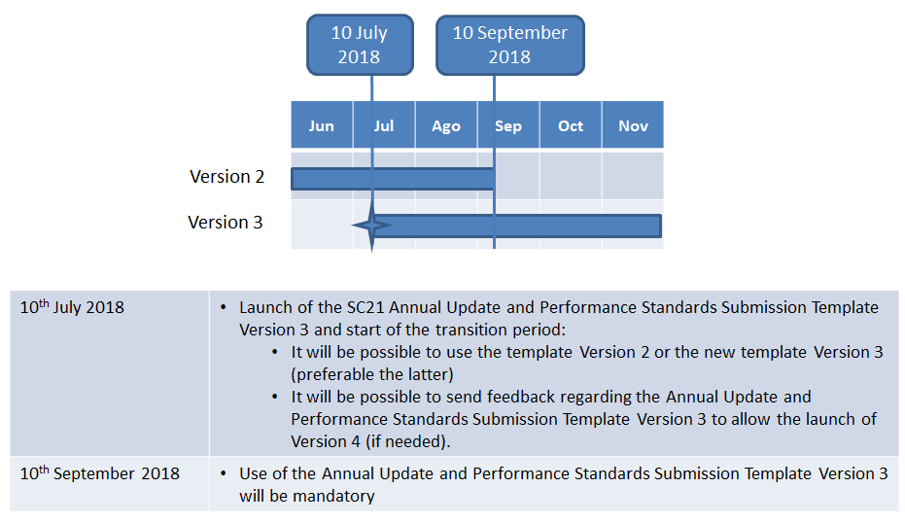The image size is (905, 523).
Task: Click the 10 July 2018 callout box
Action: [360, 45]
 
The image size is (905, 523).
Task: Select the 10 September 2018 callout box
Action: [510, 45]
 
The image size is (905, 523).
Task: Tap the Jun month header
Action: [322, 125]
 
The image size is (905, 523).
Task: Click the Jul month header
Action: [384, 125]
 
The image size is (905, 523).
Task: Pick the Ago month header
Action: [446, 125]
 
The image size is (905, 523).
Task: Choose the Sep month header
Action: [508, 125]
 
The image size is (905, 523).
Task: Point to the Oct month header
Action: [571, 125]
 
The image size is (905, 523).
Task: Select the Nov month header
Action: [633, 125]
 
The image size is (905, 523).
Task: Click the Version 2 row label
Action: [226, 177]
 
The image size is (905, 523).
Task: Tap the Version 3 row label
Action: [226, 223]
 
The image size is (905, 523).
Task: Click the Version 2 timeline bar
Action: [393, 179]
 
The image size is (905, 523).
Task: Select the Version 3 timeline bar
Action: [516, 226]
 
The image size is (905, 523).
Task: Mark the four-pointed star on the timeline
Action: [371, 226]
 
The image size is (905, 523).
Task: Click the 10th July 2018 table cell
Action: [110, 373]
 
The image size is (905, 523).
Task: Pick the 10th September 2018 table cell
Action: [110, 484]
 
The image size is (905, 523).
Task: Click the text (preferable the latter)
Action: [372, 374]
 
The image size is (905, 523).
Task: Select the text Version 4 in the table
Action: [326, 441]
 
